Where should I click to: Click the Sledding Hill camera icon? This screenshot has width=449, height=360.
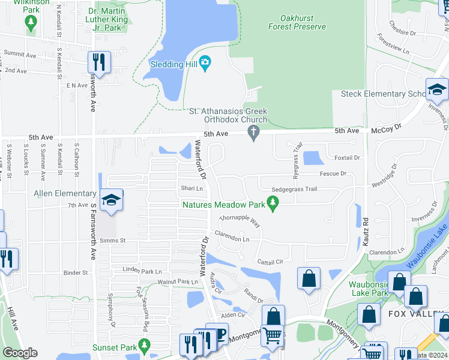[x=205, y=63]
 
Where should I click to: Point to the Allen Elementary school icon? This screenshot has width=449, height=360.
[x=110, y=201]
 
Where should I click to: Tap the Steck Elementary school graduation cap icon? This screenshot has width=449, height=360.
[x=437, y=91]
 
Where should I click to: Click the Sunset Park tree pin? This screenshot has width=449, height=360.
[x=143, y=346]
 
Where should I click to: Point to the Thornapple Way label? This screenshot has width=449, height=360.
[x=240, y=220]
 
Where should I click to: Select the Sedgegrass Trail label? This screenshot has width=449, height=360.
[x=294, y=189]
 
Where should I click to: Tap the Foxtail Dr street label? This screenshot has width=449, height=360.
[x=347, y=158]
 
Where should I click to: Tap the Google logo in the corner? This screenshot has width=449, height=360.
[x=20, y=353]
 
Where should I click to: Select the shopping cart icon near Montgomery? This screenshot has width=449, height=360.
[x=273, y=336]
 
